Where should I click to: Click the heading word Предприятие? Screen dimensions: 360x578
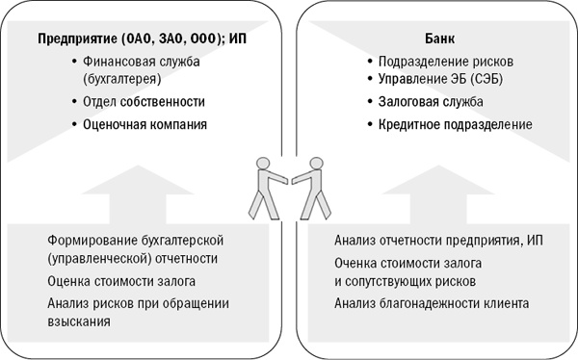click(x=79, y=39)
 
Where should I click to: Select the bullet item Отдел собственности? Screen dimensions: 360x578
click(x=138, y=100)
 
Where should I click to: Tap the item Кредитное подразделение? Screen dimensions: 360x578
click(x=448, y=124)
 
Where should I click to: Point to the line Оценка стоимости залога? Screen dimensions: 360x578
click(x=121, y=281)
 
